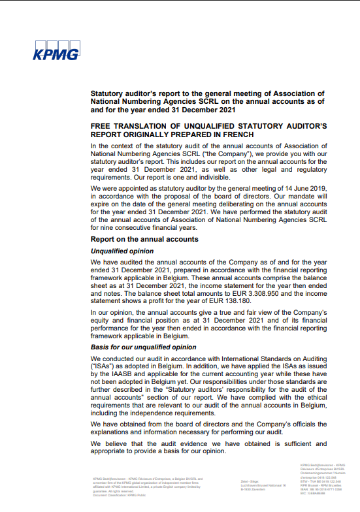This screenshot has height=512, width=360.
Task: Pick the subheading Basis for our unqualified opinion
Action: coord(144,347)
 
